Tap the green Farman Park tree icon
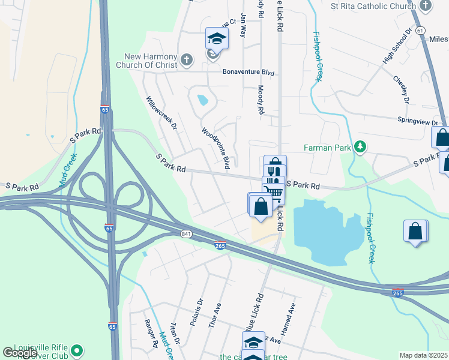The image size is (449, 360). (360, 146)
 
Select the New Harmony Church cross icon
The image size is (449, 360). (187, 60)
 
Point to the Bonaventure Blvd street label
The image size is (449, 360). (248, 72)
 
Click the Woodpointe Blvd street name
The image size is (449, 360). (215, 148)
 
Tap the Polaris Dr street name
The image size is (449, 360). (197, 312)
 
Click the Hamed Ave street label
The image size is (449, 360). (292, 315)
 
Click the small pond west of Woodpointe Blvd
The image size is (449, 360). (202, 100)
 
